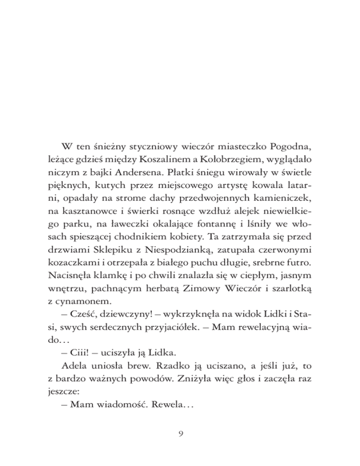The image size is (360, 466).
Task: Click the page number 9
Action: click(180, 434)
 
